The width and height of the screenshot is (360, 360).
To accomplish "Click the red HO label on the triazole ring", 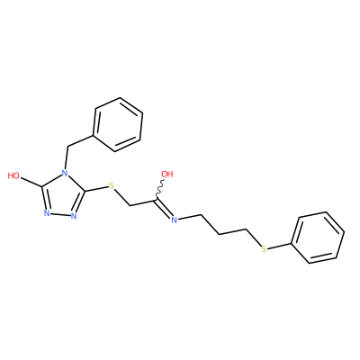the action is point(13,175).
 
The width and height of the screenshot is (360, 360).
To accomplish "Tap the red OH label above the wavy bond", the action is point(167,174).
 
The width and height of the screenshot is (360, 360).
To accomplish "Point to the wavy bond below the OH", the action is point(160,189).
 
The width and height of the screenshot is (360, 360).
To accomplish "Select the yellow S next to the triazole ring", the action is point(112,185).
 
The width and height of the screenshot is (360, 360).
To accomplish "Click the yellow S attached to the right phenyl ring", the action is point(264,248).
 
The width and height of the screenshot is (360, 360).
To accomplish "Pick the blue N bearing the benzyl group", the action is point(64,173).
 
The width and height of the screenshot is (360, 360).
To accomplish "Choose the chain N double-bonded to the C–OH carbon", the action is point(174,220).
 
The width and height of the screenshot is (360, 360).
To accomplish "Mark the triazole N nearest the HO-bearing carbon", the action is point(47,213).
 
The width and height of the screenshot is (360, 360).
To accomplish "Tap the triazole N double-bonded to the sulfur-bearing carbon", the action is point(74,216).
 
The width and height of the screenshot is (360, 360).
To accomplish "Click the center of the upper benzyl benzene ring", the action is point(118,124).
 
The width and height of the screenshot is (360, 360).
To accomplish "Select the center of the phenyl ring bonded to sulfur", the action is point(319,238).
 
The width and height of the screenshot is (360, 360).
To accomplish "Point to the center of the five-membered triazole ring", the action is point(62,195).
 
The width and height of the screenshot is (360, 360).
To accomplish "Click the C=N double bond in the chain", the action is point(164,208).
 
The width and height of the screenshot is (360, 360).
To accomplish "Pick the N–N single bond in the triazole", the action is point(60,215).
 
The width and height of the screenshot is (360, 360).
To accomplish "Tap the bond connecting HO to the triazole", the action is point(31,181).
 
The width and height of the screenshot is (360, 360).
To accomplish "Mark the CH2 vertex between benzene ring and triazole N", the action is point(68,147).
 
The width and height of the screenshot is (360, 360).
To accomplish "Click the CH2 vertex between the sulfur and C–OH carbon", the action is point(130,205).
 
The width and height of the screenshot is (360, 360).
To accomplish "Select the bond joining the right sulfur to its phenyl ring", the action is point(280,245).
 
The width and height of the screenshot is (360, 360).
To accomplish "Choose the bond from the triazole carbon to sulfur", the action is point(96,188).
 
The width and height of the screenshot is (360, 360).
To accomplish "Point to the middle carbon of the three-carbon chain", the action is point(219,234).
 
